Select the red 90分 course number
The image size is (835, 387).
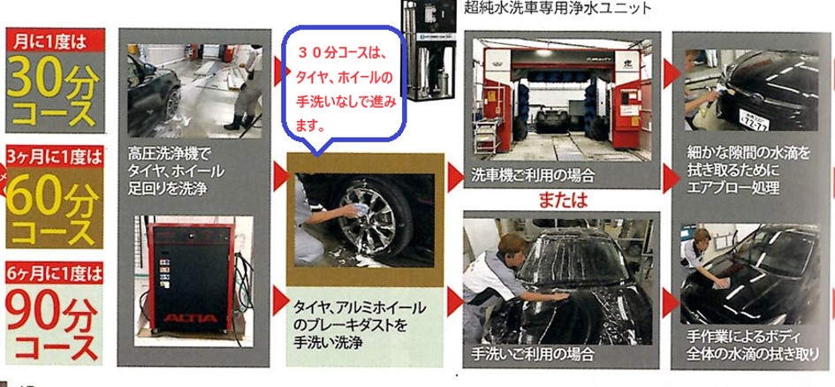point(53,313)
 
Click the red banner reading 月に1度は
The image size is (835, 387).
point(50,42)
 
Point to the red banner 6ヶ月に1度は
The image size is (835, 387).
point(54,274)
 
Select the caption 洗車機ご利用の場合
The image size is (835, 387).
point(533,175)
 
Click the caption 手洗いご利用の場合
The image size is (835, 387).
point(532,353)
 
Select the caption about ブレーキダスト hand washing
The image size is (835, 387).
point(359,325)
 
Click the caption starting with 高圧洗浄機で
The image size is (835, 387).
point(176,171)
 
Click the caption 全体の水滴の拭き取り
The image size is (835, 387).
point(751,353)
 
